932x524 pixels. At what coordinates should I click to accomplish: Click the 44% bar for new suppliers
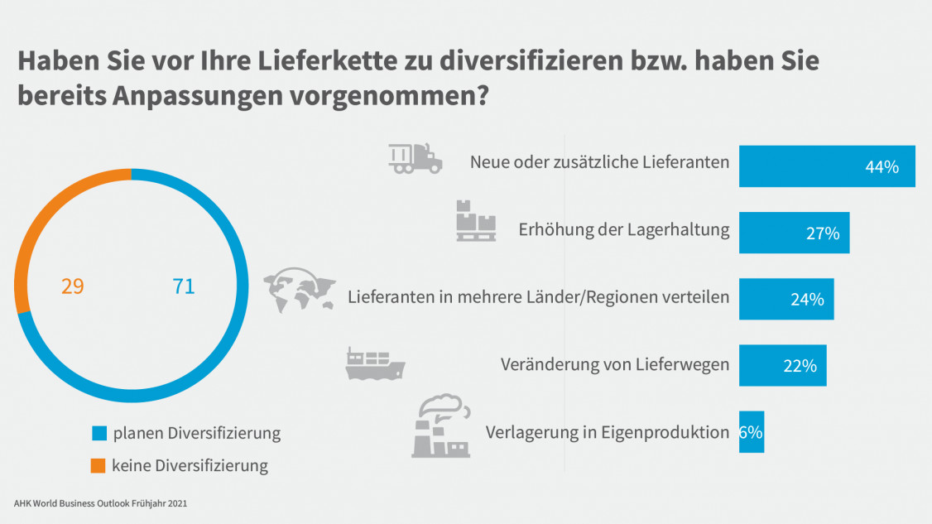click(x=826, y=166)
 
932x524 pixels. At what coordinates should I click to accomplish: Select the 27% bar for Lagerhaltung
click(x=793, y=233)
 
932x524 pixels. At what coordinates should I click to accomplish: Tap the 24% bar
click(x=785, y=299)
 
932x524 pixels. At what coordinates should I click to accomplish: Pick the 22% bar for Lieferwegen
click(x=781, y=365)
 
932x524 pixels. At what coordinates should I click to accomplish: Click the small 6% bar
click(x=751, y=431)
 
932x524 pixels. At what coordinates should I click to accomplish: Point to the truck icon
click(x=415, y=158)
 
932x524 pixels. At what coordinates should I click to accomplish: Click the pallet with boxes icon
click(x=476, y=221)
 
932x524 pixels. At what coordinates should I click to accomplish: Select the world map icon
click(x=299, y=291)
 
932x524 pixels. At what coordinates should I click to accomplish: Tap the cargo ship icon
click(x=374, y=364)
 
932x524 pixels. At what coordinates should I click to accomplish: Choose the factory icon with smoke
click(x=441, y=426)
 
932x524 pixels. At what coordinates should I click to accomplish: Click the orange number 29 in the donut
click(x=72, y=287)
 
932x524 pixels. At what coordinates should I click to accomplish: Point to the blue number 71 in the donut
click(x=183, y=287)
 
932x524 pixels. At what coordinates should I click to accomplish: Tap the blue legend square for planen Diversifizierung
click(x=99, y=433)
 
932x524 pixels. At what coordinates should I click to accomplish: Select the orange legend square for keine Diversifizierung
click(x=98, y=465)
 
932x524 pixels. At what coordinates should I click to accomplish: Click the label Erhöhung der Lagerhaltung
click(x=624, y=229)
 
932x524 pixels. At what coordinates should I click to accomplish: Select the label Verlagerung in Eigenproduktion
click(x=607, y=431)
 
